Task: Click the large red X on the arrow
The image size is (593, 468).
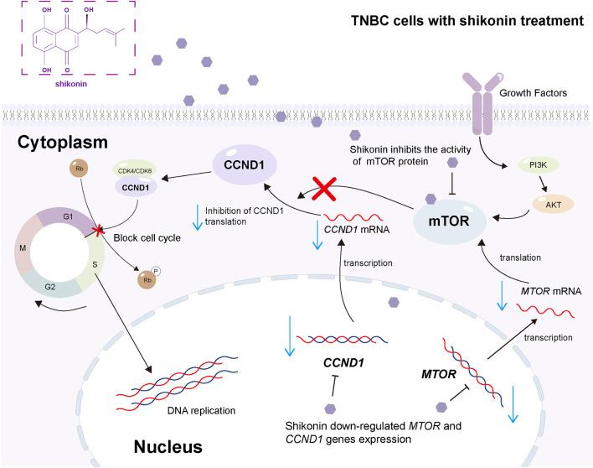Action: point(324,189)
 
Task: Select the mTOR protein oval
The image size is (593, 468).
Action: point(449,221)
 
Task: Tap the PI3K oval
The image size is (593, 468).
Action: point(538,165)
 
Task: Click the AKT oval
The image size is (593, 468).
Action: point(553,205)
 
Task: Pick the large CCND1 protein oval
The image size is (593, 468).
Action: point(245,165)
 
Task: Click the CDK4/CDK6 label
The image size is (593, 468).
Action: point(135,171)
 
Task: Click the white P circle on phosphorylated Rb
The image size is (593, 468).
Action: point(156,271)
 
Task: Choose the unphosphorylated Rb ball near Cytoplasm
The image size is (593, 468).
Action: point(79,169)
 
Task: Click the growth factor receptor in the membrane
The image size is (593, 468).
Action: point(482,104)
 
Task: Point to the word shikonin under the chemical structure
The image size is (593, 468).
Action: point(71,84)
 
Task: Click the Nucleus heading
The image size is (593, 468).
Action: point(168,447)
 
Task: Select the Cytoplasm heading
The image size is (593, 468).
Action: point(63,143)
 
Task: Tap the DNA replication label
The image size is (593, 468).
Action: point(201,410)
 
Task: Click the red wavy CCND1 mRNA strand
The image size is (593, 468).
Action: point(353,217)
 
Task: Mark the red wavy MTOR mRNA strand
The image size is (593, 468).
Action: point(545,310)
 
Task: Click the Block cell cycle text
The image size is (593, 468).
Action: point(147,238)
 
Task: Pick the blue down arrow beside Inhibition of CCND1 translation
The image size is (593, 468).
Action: point(198,217)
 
